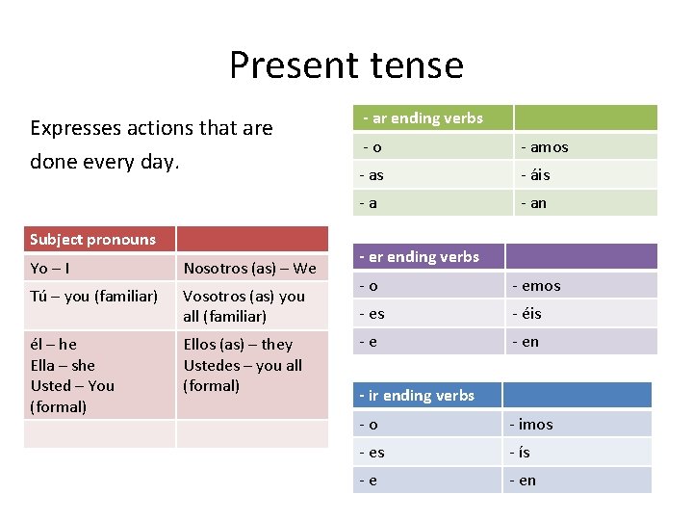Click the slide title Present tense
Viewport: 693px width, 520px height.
tap(346, 65)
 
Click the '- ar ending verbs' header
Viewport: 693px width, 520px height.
tap(423, 118)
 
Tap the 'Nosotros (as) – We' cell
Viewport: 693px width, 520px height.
tap(249, 268)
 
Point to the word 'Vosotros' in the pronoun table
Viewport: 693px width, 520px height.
tap(214, 297)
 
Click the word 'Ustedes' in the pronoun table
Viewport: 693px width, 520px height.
tap(212, 365)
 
